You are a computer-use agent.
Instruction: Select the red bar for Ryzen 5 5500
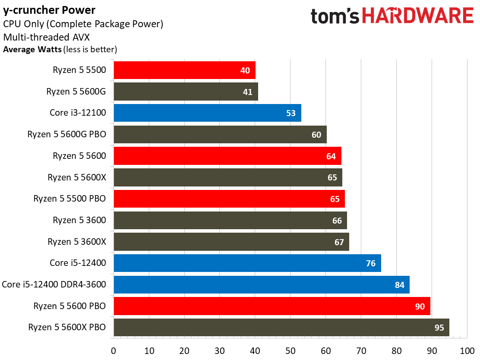click(x=184, y=70)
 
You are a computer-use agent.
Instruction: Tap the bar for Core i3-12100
click(x=207, y=113)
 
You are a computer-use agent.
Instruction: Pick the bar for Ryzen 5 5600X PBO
click(x=281, y=327)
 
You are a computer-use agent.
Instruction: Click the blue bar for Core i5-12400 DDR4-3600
click(x=261, y=284)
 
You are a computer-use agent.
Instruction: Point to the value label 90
click(x=420, y=306)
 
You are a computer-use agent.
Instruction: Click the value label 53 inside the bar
click(x=291, y=114)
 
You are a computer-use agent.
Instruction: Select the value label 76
click(x=370, y=263)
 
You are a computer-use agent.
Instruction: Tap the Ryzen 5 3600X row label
click(x=77, y=242)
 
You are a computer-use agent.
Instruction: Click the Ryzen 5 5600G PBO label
click(x=67, y=135)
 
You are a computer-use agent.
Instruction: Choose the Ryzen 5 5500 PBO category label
click(x=70, y=199)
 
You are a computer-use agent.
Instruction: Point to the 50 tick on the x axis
click(x=290, y=350)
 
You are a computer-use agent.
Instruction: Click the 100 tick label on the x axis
click(x=466, y=350)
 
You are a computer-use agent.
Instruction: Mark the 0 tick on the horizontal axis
click(x=114, y=350)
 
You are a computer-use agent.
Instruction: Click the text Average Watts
click(x=32, y=49)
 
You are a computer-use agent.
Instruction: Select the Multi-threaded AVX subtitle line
click(x=40, y=37)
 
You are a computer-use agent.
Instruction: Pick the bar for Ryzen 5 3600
click(x=230, y=220)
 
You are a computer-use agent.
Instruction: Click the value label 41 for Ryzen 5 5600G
click(x=247, y=92)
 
